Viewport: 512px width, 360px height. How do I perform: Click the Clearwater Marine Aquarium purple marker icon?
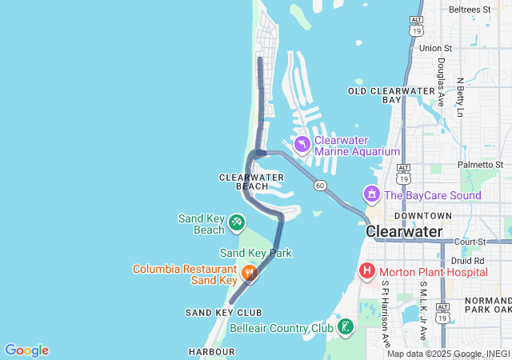pyautogui.click(x=302, y=145)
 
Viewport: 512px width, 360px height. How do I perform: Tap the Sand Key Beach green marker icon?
pyautogui.click(x=237, y=222)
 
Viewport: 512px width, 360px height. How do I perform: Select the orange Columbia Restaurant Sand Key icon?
pyautogui.click(x=250, y=274)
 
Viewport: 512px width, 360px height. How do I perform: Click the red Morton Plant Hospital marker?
pyautogui.click(x=367, y=271)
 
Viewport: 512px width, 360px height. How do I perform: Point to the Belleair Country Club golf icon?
pyautogui.click(x=345, y=326)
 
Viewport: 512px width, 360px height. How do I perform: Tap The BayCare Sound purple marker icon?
pyautogui.click(x=371, y=194)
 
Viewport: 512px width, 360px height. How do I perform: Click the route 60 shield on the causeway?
pyautogui.click(x=320, y=186)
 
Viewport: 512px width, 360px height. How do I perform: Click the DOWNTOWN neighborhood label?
pyautogui.click(x=423, y=216)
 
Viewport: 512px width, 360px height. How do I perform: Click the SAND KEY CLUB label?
pyautogui.click(x=224, y=312)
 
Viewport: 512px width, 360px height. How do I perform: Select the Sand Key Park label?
pyautogui.click(x=256, y=253)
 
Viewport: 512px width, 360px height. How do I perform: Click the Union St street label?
pyautogui.click(x=436, y=48)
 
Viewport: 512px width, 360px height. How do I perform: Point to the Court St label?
pyautogui.click(x=470, y=241)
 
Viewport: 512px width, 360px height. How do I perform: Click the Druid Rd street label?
pyautogui.click(x=468, y=261)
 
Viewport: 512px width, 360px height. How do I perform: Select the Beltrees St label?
pyautogui.click(x=470, y=9)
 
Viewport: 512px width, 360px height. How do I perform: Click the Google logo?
pyautogui.click(x=26, y=350)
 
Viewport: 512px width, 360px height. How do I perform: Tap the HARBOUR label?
pyautogui.click(x=212, y=351)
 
